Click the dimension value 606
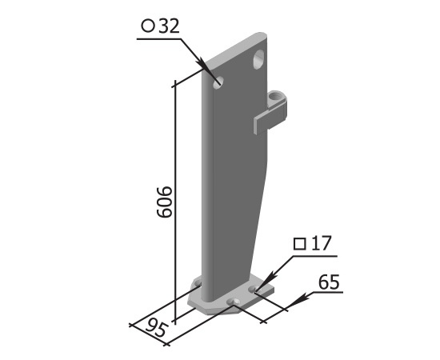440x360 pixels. tap(163, 202)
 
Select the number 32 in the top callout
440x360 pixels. tap(169, 26)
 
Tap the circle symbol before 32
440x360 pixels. tap(148, 26)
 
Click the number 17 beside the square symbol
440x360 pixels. tap(322, 243)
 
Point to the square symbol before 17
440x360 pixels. tap(300, 243)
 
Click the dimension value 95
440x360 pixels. tap(157, 327)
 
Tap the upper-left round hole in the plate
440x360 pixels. tap(218, 82)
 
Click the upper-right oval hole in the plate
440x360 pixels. tap(258, 58)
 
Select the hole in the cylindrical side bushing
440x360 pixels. tap(274, 97)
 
